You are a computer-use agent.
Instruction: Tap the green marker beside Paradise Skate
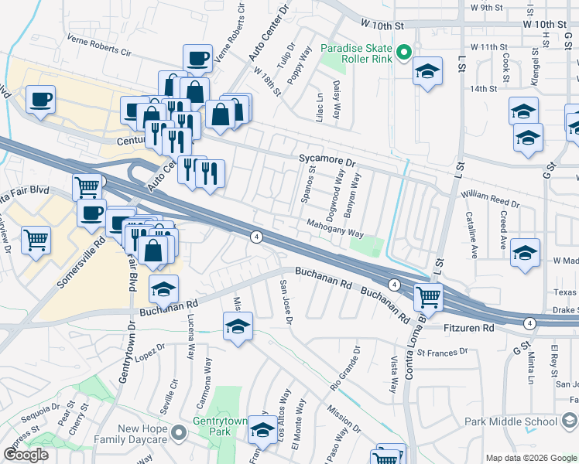click(x=403, y=53)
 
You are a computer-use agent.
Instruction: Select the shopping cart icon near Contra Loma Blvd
click(x=428, y=295)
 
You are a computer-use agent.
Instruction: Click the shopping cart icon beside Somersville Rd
click(x=36, y=241)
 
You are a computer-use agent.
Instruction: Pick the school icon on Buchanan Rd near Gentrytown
click(x=163, y=289)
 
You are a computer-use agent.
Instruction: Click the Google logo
click(x=26, y=455)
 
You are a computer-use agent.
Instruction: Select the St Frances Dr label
click(x=442, y=352)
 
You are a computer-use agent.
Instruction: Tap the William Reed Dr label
click(x=491, y=201)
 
